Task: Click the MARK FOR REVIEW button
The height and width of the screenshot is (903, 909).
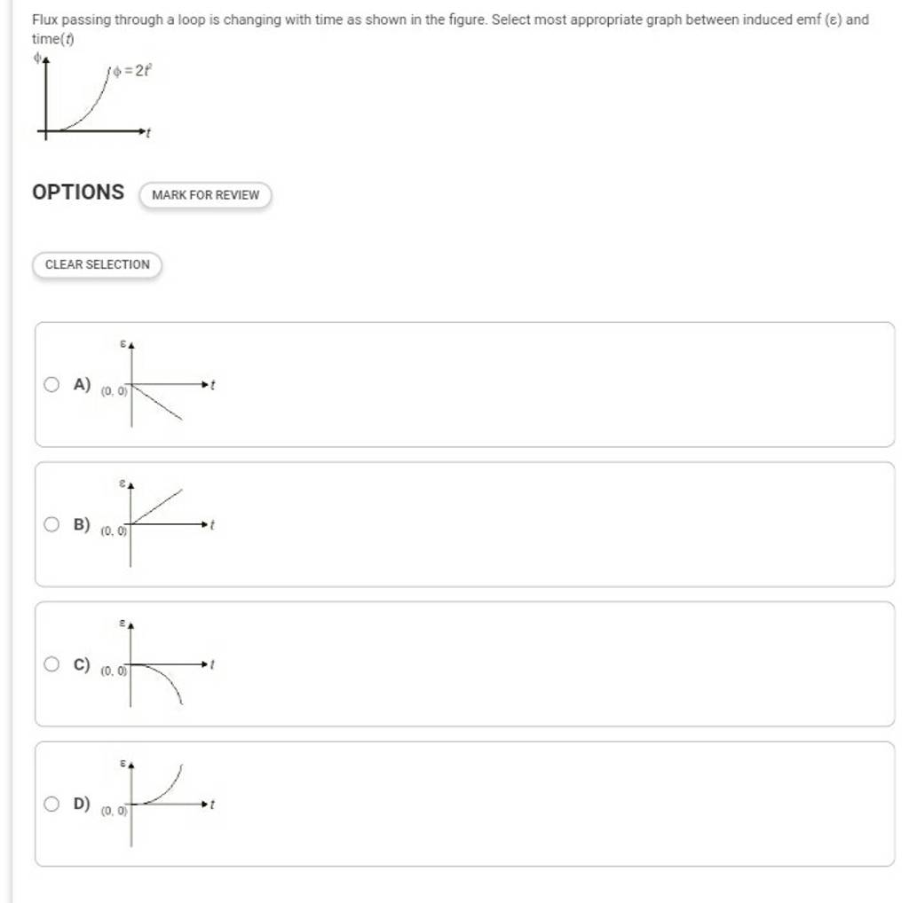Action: (x=205, y=194)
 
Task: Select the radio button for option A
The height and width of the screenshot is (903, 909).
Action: (x=53, y=384)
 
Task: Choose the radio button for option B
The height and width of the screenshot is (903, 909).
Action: (x=53, y=524)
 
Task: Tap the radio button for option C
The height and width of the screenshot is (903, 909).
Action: (x=53, y=664)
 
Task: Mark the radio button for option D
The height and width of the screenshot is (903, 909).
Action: (x=53, y=804)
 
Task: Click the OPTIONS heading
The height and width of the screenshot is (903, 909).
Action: (x=78, y=192)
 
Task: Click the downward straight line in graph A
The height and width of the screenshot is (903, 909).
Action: (x=160, y=403)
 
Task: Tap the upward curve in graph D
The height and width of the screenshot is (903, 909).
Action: (x=169, y=788)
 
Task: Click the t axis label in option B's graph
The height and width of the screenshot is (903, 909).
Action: (x=214, y=525)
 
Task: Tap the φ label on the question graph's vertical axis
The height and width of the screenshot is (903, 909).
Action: (x=36, y=58)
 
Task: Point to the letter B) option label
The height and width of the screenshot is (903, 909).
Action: (x=83, y=524)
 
